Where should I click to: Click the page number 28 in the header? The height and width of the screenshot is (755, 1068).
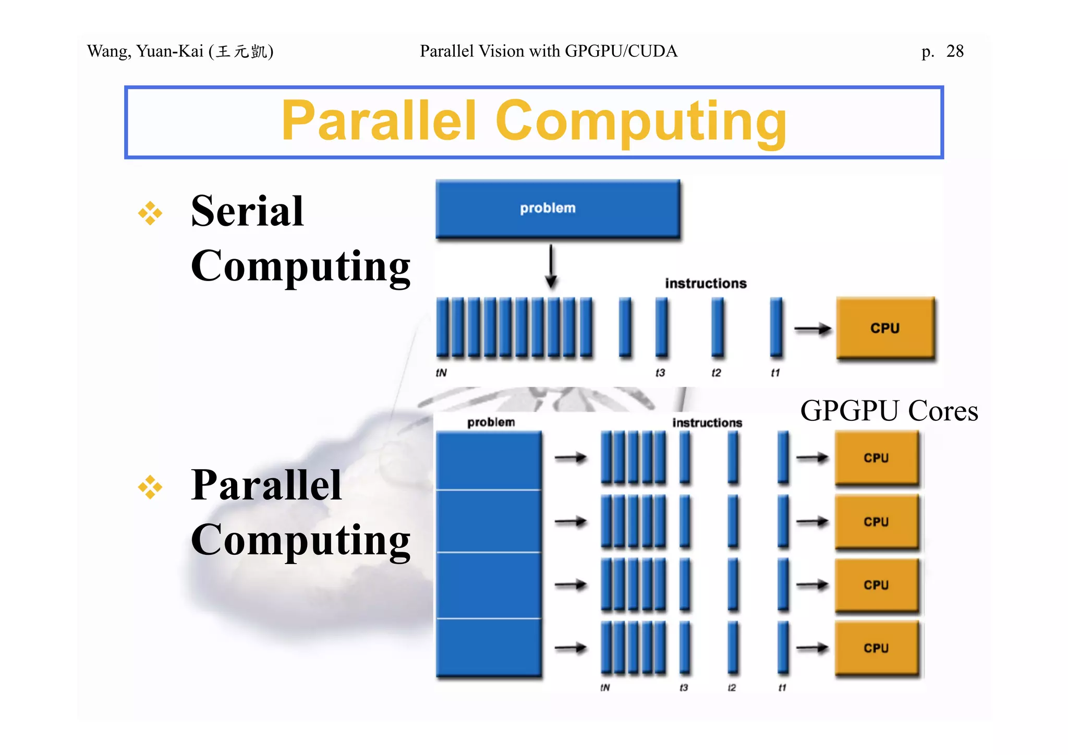coord(955,51)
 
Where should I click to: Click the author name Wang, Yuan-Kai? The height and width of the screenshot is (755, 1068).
coord(145,51)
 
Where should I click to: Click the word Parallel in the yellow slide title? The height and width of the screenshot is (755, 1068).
coord(379,121)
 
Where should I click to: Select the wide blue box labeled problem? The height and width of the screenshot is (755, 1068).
coord(557,209)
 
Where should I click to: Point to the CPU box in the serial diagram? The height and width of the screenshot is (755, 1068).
coord(885,328)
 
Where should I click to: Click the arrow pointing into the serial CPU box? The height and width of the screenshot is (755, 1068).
coord(812,329)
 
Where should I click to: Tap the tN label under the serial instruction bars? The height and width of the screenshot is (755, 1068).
coord(441,373)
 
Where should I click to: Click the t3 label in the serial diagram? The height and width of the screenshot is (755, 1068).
coord(660,373)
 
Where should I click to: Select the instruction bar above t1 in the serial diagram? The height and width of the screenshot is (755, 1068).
coord(776,327)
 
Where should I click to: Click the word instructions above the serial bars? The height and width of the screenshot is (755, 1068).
coord(706,284)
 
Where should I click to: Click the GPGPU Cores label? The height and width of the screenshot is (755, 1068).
coord(889,411)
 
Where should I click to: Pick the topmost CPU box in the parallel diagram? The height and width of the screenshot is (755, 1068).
coord(876,458)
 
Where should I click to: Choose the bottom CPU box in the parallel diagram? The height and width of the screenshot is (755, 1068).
coord(876,648)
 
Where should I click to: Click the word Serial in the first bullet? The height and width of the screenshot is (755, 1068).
coord(247,211)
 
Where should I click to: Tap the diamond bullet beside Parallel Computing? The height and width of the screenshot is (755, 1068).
coord(150,487)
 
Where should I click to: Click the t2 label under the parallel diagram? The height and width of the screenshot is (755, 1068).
coord(732,688)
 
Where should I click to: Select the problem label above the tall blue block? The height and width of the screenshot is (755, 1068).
coord(491,422)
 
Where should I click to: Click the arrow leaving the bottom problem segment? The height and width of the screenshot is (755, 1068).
coord(571,648)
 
